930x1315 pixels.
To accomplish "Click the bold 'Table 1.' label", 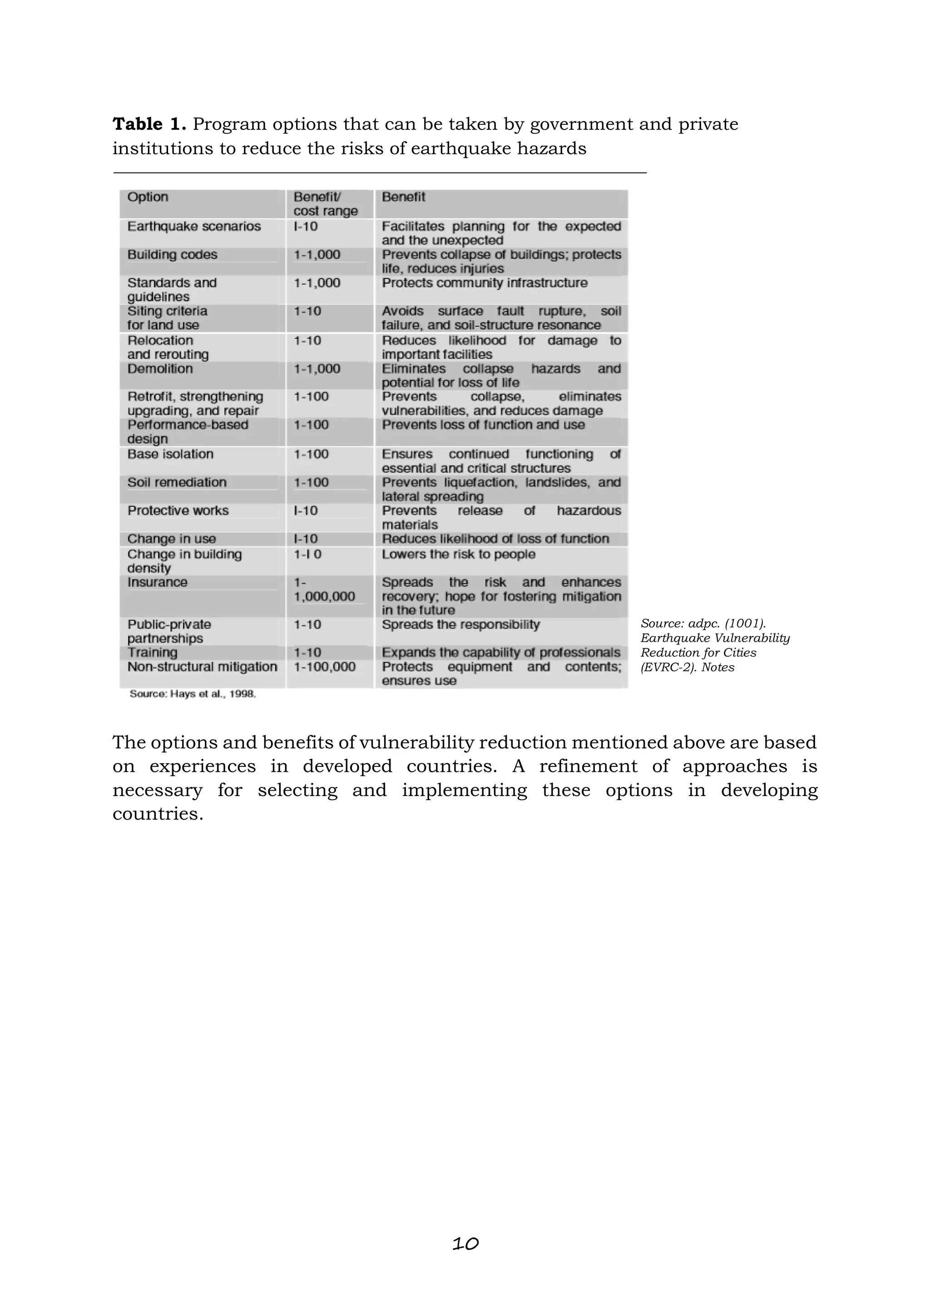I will click(x=149, y=124).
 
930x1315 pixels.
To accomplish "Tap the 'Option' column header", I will click(x=148, y=197).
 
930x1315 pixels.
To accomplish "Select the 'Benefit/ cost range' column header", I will click(x=325, y=204).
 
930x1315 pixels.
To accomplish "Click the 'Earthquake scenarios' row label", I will click(x=193, y=226).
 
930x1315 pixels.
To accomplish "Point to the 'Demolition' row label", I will click(x=160, y=369).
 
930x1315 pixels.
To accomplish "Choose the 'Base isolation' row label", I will click(x=170, y=454).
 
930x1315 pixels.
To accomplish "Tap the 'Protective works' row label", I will click(x=178, y=510).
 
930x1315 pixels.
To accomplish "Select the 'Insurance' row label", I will click(x=157, y=583).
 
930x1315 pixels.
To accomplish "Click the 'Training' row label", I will click(x=152, y=653).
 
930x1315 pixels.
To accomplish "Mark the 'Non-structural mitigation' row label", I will click(x=202, y=667).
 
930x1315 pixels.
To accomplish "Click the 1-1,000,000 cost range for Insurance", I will click(x=324, y=590).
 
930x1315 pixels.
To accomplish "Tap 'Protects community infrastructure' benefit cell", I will click(x=485, y=283).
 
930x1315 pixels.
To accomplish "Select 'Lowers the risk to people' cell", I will click(x=458, y=554).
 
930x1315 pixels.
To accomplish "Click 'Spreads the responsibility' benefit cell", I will click(x=460, y=624).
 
